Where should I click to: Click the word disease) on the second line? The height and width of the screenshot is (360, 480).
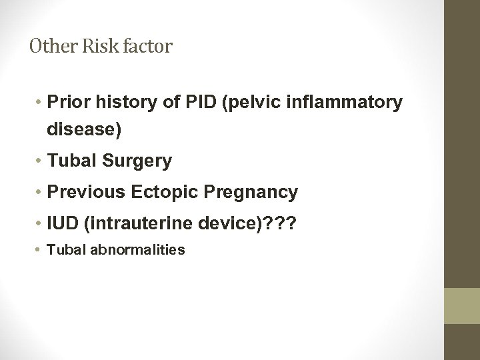pos(84,131)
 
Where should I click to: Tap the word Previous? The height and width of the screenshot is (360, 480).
pos(81,193)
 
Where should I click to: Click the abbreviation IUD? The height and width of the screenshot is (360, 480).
pos(61,223)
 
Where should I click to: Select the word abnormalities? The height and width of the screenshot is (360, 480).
pos(143,251)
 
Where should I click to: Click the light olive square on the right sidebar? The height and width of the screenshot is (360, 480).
pos(463,305)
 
